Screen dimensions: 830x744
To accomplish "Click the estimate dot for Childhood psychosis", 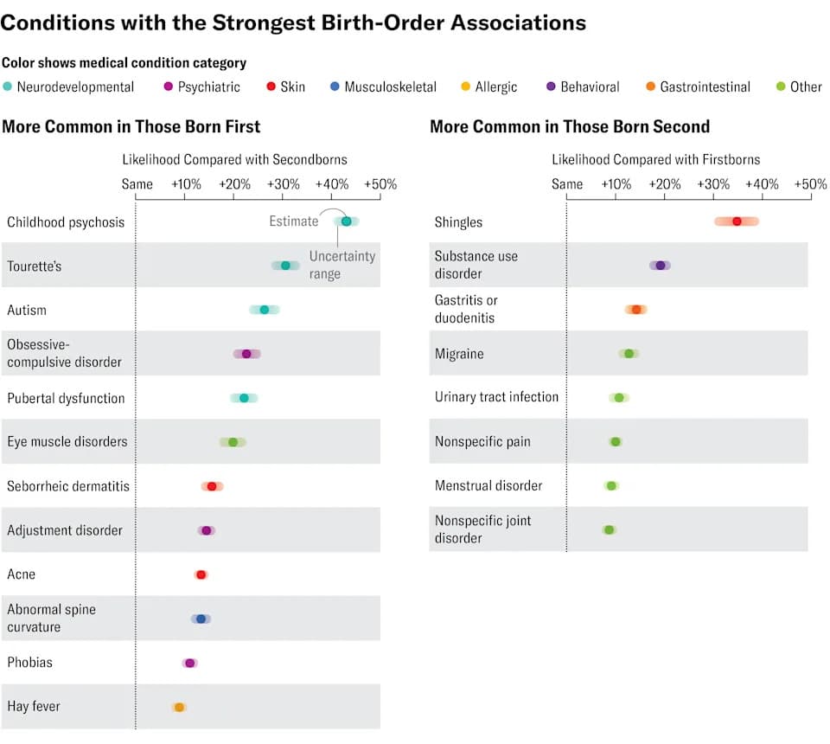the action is (x=346, y=221).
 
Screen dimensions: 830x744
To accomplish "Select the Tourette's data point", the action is (x=286, y=266).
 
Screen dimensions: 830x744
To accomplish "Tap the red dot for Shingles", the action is (x=737, y=221).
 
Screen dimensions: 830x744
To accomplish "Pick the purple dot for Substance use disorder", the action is (x=660, y=266).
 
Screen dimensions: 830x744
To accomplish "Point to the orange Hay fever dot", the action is (x=180, y=707).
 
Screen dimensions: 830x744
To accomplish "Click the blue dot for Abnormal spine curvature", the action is (x=201, y=619).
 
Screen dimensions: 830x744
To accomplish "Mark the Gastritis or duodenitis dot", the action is (x=636, y=309).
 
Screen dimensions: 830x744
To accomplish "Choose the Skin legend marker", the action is (x=271, y=87).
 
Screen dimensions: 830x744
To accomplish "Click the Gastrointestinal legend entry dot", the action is (x=650, y=87).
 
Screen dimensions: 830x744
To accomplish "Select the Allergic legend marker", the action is (x=465, y=87).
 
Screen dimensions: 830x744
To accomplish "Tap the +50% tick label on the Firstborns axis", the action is (x=810, y=184).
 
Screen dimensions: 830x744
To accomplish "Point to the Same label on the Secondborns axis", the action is (x=137, y=184).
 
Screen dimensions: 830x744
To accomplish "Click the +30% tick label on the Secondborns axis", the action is (x=284, y=184).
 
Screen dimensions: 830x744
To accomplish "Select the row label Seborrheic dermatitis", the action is (x=68, y=486).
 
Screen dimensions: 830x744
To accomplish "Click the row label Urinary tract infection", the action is (x=496, y=397).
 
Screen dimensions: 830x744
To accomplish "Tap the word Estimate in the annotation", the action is (x=294, y=221).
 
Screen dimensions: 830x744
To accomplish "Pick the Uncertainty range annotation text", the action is (x=342, y=265).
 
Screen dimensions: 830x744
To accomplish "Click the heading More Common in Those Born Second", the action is (x=570, y=126).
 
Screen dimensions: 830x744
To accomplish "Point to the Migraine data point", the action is (x=629, y=353).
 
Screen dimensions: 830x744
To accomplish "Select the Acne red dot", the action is (x=201, y=574).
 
